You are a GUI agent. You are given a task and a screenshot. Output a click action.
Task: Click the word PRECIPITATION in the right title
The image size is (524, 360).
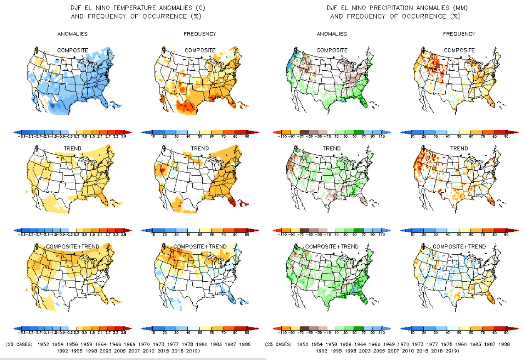pyautogui.click(x=393, y=8)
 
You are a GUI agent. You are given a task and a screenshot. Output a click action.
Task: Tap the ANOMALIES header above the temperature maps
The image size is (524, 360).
pyautogui.click(x=72, y=34)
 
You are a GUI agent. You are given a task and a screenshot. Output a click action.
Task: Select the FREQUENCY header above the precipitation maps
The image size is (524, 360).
pyautogui.click(x=459, y=34)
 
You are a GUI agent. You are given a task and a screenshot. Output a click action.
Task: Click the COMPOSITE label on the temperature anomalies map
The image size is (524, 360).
pyautogui.click(x=72, y=50)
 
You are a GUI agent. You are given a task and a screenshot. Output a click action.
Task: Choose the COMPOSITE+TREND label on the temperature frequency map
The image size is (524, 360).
pyautogui.click(x=200, y=247)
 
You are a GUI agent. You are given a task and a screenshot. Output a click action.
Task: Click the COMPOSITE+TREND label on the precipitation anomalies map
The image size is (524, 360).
pyautogui.click(x=331, y=247)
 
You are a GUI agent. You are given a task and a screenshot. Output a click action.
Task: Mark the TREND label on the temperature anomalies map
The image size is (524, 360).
pyautogui.click(x=72, y=149)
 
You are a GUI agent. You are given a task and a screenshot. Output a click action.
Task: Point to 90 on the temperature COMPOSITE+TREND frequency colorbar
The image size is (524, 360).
pyautogui.click(x=247, y=333)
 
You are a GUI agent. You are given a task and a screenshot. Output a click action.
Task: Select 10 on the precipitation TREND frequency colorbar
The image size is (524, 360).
pyautogui.click(x=412, y=235)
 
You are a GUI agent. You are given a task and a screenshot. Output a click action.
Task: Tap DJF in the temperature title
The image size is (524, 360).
pyautogui.click(x=77, y=8)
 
